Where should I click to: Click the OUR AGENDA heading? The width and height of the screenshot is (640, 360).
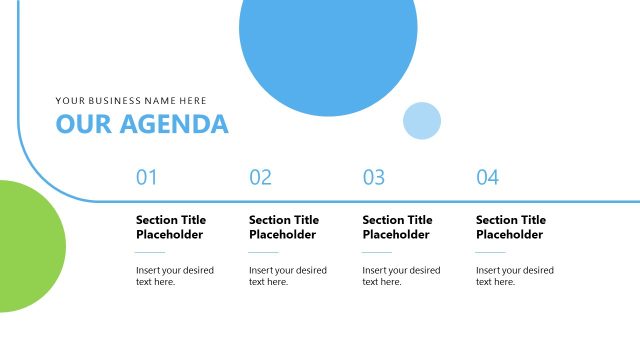(x=142, y=124)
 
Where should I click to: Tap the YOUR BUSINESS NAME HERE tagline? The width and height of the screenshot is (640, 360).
(x=131, y=100)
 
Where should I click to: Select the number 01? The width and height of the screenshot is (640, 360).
(x=147, y=178)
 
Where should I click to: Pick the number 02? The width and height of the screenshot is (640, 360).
(x=260, y=178)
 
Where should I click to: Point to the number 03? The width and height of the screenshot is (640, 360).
(x=374, y=178)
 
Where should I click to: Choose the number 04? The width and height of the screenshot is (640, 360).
(x=487, y=178)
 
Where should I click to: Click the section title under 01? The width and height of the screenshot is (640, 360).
(x=171, y=227)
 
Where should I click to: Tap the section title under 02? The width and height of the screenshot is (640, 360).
(x=284, y=227)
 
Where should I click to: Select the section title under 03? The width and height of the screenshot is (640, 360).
(x=398, y=227)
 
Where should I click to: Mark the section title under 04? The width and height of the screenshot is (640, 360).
(x=511, y=227)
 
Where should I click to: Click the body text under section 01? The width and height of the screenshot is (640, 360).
(x=174, y=276)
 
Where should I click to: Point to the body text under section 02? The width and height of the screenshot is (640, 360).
(x=288, y=276)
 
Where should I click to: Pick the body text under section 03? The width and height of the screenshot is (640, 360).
(x=401, y=276)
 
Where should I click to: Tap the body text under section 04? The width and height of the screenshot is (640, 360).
(x=514, y=276)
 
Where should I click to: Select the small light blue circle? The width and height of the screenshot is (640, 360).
(x=422, y=120)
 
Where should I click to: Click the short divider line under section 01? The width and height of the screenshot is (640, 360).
(x=150, y=253)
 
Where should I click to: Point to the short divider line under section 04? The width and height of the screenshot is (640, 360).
(x=491, y=253)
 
